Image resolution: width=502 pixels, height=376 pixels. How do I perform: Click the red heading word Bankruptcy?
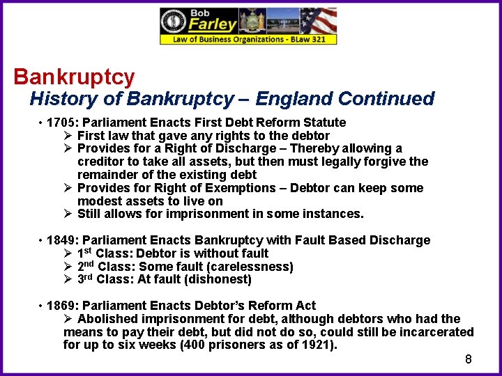coord(74,76)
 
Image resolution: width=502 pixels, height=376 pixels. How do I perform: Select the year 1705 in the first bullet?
coord(61,123)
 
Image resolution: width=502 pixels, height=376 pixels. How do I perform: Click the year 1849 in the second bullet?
coord(61,240)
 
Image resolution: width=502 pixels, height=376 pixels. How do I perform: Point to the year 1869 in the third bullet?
coord(61,306)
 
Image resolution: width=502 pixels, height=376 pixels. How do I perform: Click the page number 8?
coord(469,359)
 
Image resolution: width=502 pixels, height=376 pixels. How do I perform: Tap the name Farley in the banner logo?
coord(213,24)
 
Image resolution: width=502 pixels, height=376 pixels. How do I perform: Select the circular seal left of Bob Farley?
coord(173,22)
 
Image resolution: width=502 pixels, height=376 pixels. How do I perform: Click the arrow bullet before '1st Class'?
coord(68,253)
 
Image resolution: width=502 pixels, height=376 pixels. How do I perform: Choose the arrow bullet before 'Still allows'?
coord(68,214)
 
